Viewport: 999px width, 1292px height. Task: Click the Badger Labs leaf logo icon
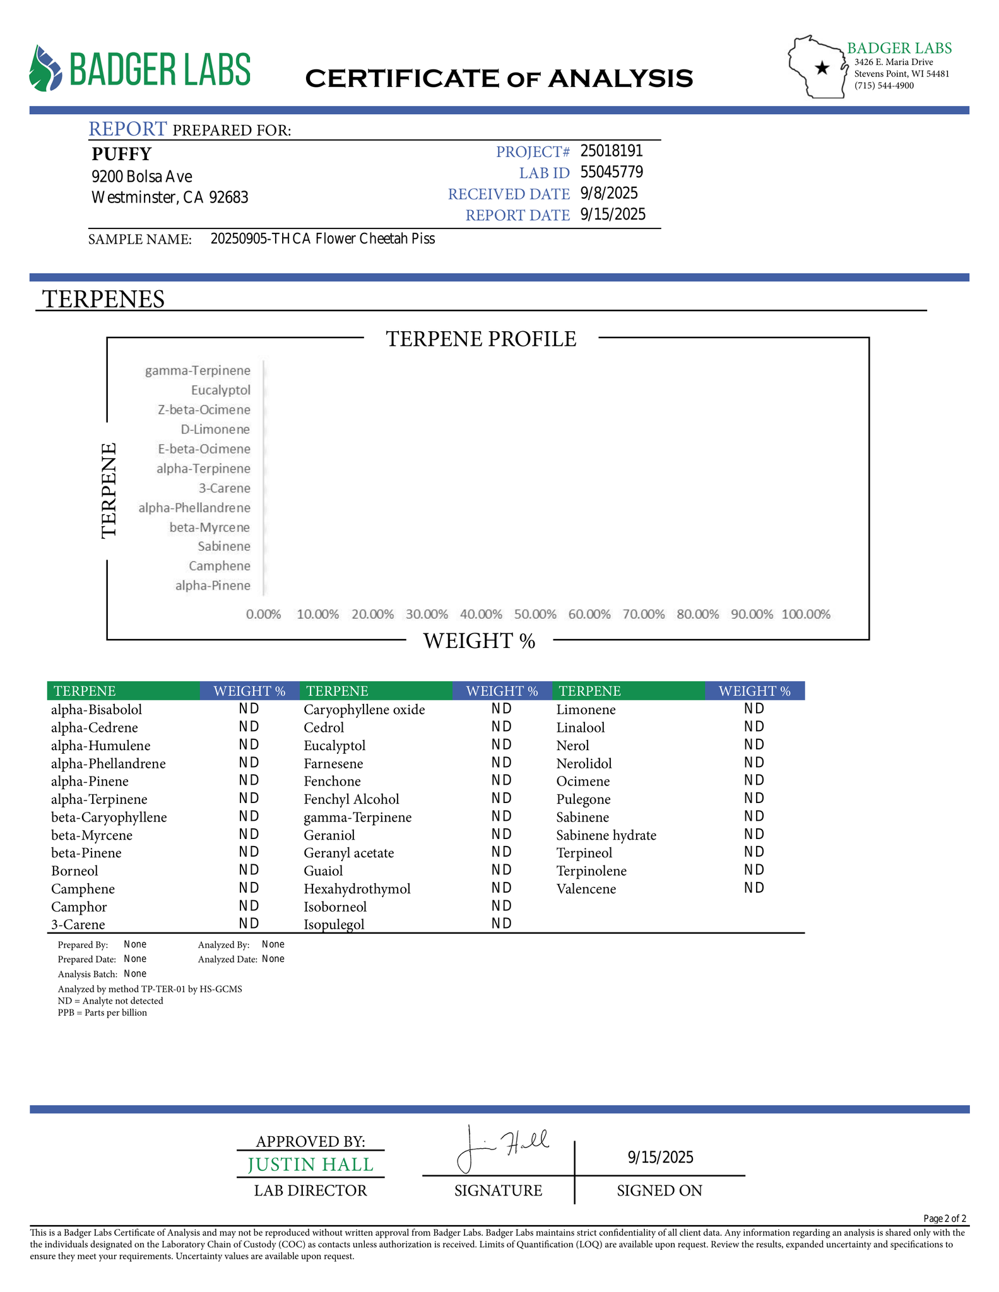point(45,68)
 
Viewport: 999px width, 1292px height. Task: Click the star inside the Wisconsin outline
point(822,68)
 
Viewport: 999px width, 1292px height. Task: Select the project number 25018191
point(611,151)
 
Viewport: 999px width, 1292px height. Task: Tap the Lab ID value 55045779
point(611,172)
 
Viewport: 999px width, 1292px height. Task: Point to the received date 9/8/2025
point(608,193)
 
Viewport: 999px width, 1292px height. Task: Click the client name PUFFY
point(122,154)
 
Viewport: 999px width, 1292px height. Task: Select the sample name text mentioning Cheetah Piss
point(322,239)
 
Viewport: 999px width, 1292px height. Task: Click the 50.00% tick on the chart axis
point(535,614)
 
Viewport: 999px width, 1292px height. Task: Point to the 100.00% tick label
point(806,614)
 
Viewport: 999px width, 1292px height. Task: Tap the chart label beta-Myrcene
point(210,527)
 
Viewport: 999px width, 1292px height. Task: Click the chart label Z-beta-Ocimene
point(204,410)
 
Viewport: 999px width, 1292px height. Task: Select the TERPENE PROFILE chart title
point(481,339)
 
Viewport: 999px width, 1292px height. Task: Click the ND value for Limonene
point(754,709)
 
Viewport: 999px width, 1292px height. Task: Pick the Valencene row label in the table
point(586,889)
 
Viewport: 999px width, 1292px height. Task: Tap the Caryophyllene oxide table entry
point(364,710)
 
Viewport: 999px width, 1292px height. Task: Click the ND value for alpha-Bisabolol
point(249,709)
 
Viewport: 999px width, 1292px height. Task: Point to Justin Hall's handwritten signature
point(502,1146)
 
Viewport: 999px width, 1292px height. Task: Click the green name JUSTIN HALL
point(310,1165)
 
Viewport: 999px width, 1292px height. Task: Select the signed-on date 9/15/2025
point(660,1157)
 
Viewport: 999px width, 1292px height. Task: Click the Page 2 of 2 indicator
point(944,1218)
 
